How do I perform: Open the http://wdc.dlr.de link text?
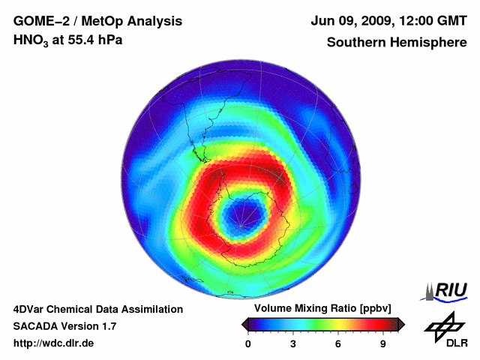point(54,344)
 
